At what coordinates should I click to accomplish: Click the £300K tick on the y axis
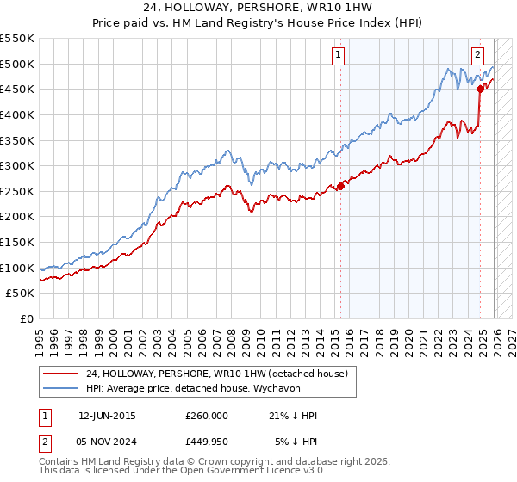[x=17, y=165]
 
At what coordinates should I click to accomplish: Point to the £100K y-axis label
[x=17, y=268]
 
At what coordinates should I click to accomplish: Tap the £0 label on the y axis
[x=27, y=318]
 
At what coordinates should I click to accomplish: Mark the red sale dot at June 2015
[x=340, y=185]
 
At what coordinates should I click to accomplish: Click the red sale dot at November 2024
[x=480, y=88]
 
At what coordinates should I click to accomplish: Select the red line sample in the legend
[x=60, y=374]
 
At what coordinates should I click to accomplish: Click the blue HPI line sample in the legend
[x=60, y=388]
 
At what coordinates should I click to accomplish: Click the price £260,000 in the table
[x=207, y=416]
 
